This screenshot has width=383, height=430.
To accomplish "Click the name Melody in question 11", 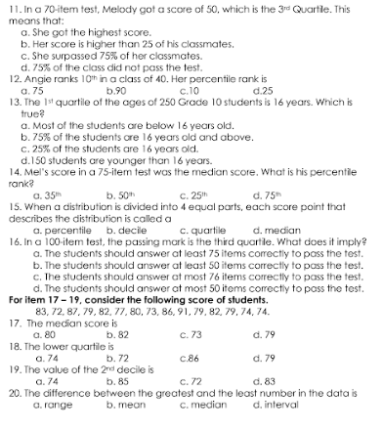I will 119,7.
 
